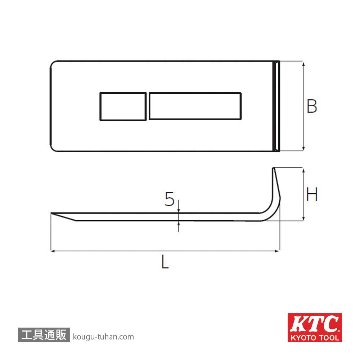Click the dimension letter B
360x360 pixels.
click(312, 106)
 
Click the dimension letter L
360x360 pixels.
click(164, 262)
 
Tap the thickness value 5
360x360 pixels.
click(170, 199)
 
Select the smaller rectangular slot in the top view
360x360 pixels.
click(123, 106)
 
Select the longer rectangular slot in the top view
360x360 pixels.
click(195, 106)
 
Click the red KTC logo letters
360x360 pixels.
click(315, 324)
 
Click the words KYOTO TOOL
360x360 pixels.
click(315, 337)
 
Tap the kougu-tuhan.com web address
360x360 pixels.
click(103, 337)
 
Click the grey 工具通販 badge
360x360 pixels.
click(44, 335)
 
